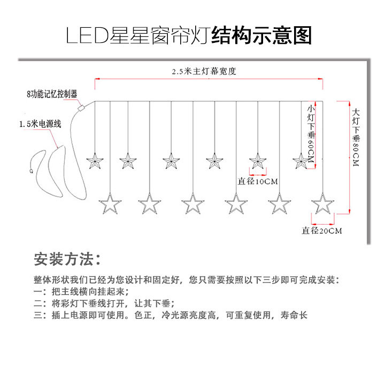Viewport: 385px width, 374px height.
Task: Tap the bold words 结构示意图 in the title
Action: point(261,36)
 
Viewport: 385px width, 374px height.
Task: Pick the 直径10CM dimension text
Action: point(258,181)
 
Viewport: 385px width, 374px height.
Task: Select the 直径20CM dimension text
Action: point(321,231)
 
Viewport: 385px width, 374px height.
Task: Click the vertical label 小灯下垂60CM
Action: point(310,132)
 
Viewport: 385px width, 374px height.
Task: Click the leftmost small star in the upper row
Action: point(95,161)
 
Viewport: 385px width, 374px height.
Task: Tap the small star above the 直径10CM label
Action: point(258,161)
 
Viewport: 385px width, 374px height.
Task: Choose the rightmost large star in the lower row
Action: point(322,203)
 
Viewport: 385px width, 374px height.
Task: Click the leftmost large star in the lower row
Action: point(109,203)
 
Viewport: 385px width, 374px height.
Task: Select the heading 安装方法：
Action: point(66,260)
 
